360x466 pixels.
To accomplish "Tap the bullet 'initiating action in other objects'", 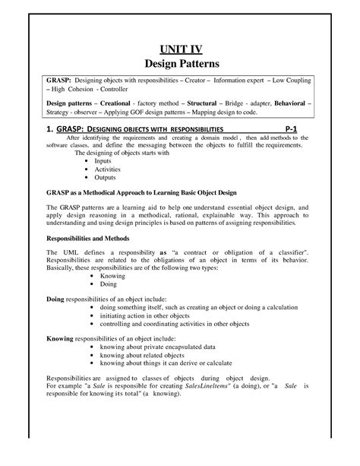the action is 150,314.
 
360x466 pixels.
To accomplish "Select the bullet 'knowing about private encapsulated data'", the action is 163,346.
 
